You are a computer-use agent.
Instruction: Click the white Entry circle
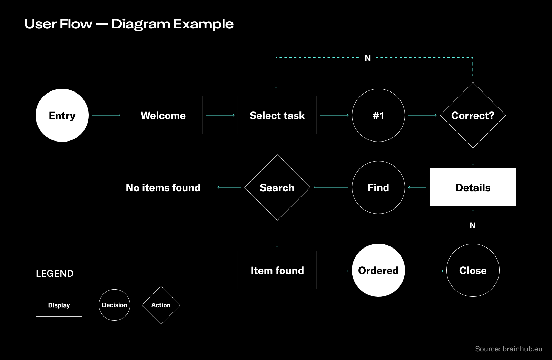62,115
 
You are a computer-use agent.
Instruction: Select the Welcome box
163,115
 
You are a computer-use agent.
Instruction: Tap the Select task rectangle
277,115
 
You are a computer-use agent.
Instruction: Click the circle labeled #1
378,115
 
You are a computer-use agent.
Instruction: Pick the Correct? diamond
473,115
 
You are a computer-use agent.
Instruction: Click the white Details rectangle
473,187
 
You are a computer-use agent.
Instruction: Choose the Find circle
378,187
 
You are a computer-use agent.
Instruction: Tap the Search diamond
277,187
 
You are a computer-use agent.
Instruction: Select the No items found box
163,187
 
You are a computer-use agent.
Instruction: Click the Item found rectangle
277,270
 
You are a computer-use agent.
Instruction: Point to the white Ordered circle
378,270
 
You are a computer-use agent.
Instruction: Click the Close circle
473,270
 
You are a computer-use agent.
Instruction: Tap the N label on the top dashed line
368,58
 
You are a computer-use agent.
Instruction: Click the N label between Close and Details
473,225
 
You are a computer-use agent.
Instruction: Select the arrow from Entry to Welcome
106,115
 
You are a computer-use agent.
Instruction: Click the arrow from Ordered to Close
426,271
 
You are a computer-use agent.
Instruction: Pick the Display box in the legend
59,305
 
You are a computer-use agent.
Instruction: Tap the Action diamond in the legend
161,305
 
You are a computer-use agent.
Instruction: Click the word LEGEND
55,274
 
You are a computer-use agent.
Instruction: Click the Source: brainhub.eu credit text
509,349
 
